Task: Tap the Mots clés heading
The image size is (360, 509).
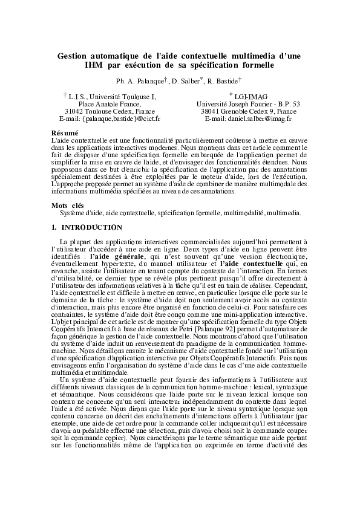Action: coord(68,206)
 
